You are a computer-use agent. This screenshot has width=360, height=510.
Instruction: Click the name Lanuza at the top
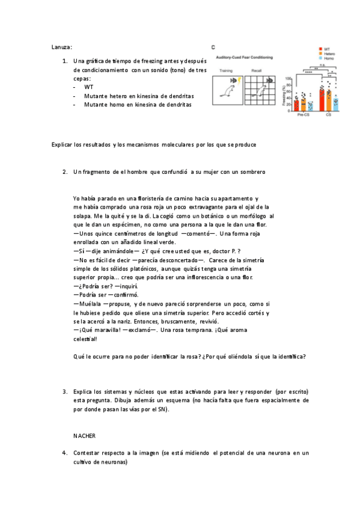(62, 46)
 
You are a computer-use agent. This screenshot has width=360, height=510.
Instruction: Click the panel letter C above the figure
(213, 46)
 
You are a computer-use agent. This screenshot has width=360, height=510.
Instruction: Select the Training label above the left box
(225, 71)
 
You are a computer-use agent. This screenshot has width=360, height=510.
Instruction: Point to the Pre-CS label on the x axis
(303, 114)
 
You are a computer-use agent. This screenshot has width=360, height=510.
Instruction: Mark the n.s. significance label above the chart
(322, 64)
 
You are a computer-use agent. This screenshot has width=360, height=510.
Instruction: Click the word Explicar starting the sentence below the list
(63, 145)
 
